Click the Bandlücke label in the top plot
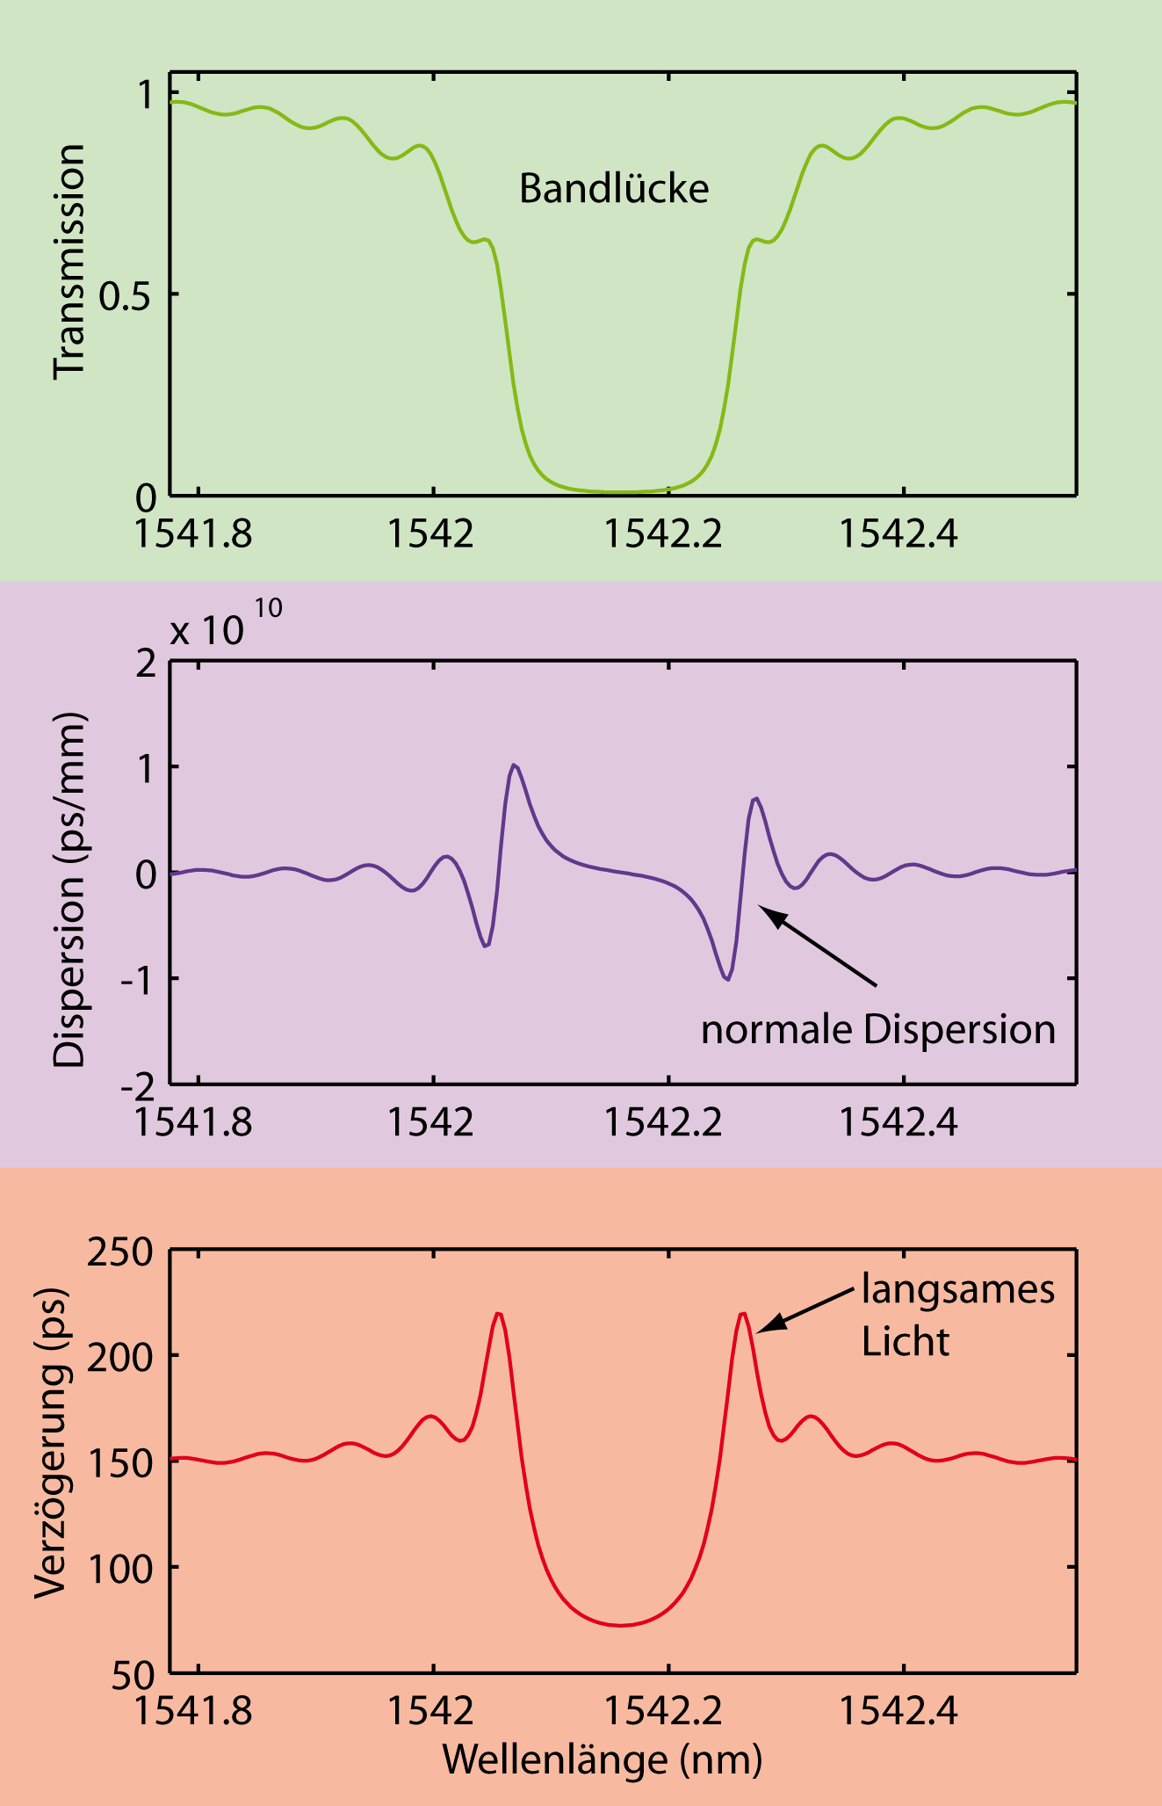pyautogui.click(x=613, y=189)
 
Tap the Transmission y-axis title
pyautogui.click(x=69, y=262)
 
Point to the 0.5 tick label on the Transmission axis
pyautogui.click(x=126, y=296)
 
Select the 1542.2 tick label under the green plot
pyautogui.click(x=663, y=533)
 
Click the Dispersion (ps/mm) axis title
pyautogui.click(x=69, y=889)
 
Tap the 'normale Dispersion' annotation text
pyautogui.click(x=877, y=1029)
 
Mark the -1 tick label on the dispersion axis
pyautogui.click(x=138, y=979)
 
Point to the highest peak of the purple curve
pyautogui.click(x=514, y=765)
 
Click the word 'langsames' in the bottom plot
pyautogui.click(x=957, y=1289)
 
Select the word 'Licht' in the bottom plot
pyautogui.click(x=905, y=1342)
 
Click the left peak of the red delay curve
pyautogui.click(x=498, y=1314)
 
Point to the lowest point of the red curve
pyautogui.click(x=620, y=1625)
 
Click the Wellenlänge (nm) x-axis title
pyautogui.click(x=603, y=1759)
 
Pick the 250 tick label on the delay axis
pyautogui.click(x=119, y=1251)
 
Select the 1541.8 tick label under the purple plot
pyautogui.click(x=192, y=1122)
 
